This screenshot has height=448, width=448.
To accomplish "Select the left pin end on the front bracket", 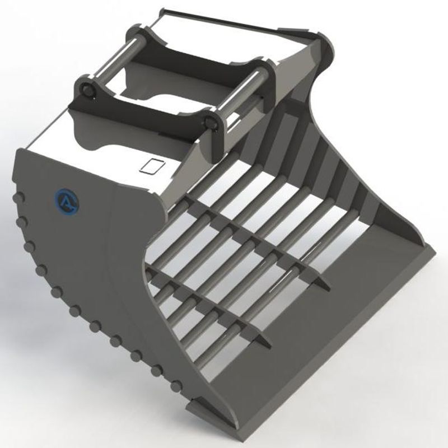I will (x=87, y=90).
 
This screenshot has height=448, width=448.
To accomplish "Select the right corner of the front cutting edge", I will (x=434, y=254).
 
